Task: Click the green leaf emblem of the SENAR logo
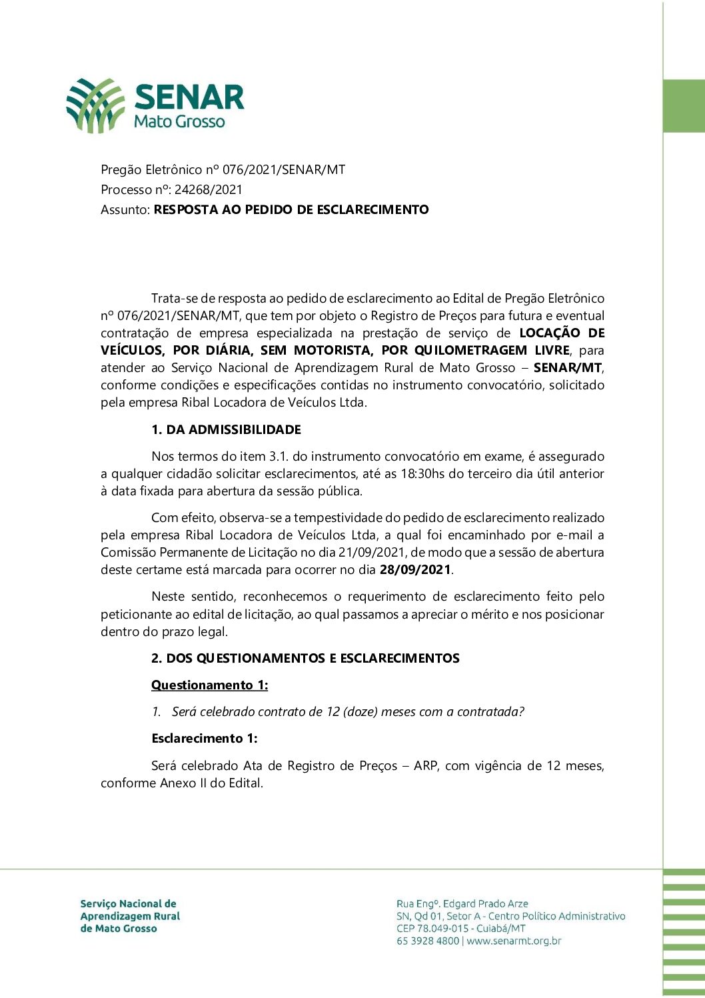(95, 105)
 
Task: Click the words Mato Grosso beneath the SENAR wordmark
(179, 121)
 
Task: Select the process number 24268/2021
(209, 189)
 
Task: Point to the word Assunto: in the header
(125, 209)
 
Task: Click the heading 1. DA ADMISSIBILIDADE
(226, 429)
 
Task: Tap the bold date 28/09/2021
(415, 569)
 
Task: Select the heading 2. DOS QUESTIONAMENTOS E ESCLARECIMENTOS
(305, 658)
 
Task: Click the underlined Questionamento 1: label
(209, 685)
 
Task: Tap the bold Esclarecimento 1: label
(204, 738)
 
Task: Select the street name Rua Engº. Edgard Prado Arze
(462, 903)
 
